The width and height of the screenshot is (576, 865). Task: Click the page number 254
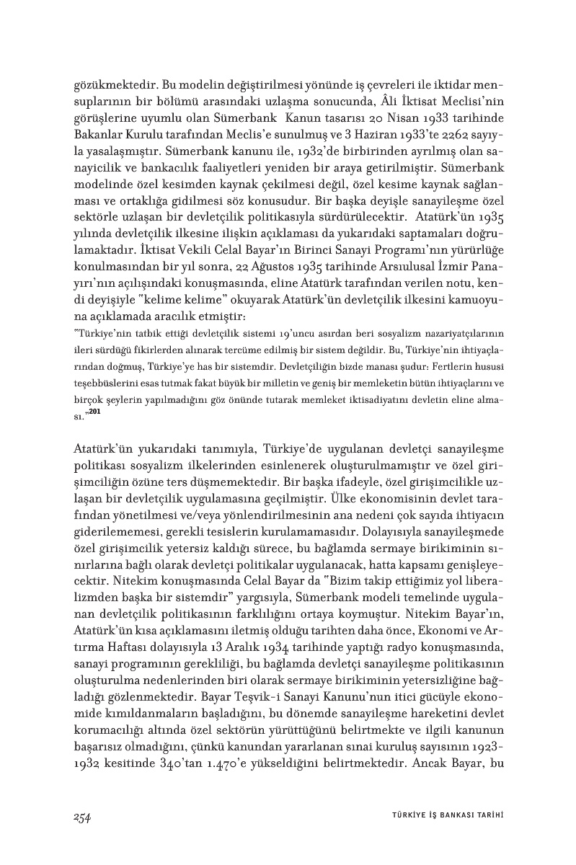[81, 816]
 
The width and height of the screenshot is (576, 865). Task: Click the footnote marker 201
[93, 412]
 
